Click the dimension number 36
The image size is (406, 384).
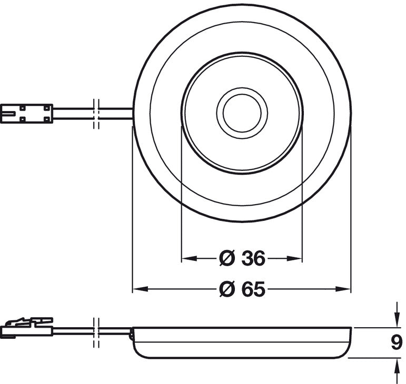point(253,258)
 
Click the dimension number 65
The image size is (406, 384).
point(253,289)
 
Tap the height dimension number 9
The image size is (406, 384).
point(396,342)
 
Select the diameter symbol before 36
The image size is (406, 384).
point(227,258)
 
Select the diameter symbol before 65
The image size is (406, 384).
point(227,289)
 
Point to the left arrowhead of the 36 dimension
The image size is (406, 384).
point(189,258)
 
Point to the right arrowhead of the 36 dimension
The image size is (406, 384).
point(295,258)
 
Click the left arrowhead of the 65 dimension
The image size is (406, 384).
point(140,289)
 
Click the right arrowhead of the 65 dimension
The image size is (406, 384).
point(343,289)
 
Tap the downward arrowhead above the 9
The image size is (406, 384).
point(396,320)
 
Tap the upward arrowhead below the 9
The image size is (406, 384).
point(396,366)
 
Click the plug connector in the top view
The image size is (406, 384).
point(27,114)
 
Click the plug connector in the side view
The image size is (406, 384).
point(27,327)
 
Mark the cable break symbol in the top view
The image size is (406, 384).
point(96,114)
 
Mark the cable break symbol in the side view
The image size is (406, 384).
point(96,332)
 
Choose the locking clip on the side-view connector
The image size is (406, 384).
point(29,322)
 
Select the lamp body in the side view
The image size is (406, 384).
point(242,342)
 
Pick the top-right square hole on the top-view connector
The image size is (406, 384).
point(47,108)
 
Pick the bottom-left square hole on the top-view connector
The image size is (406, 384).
point(23,119)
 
